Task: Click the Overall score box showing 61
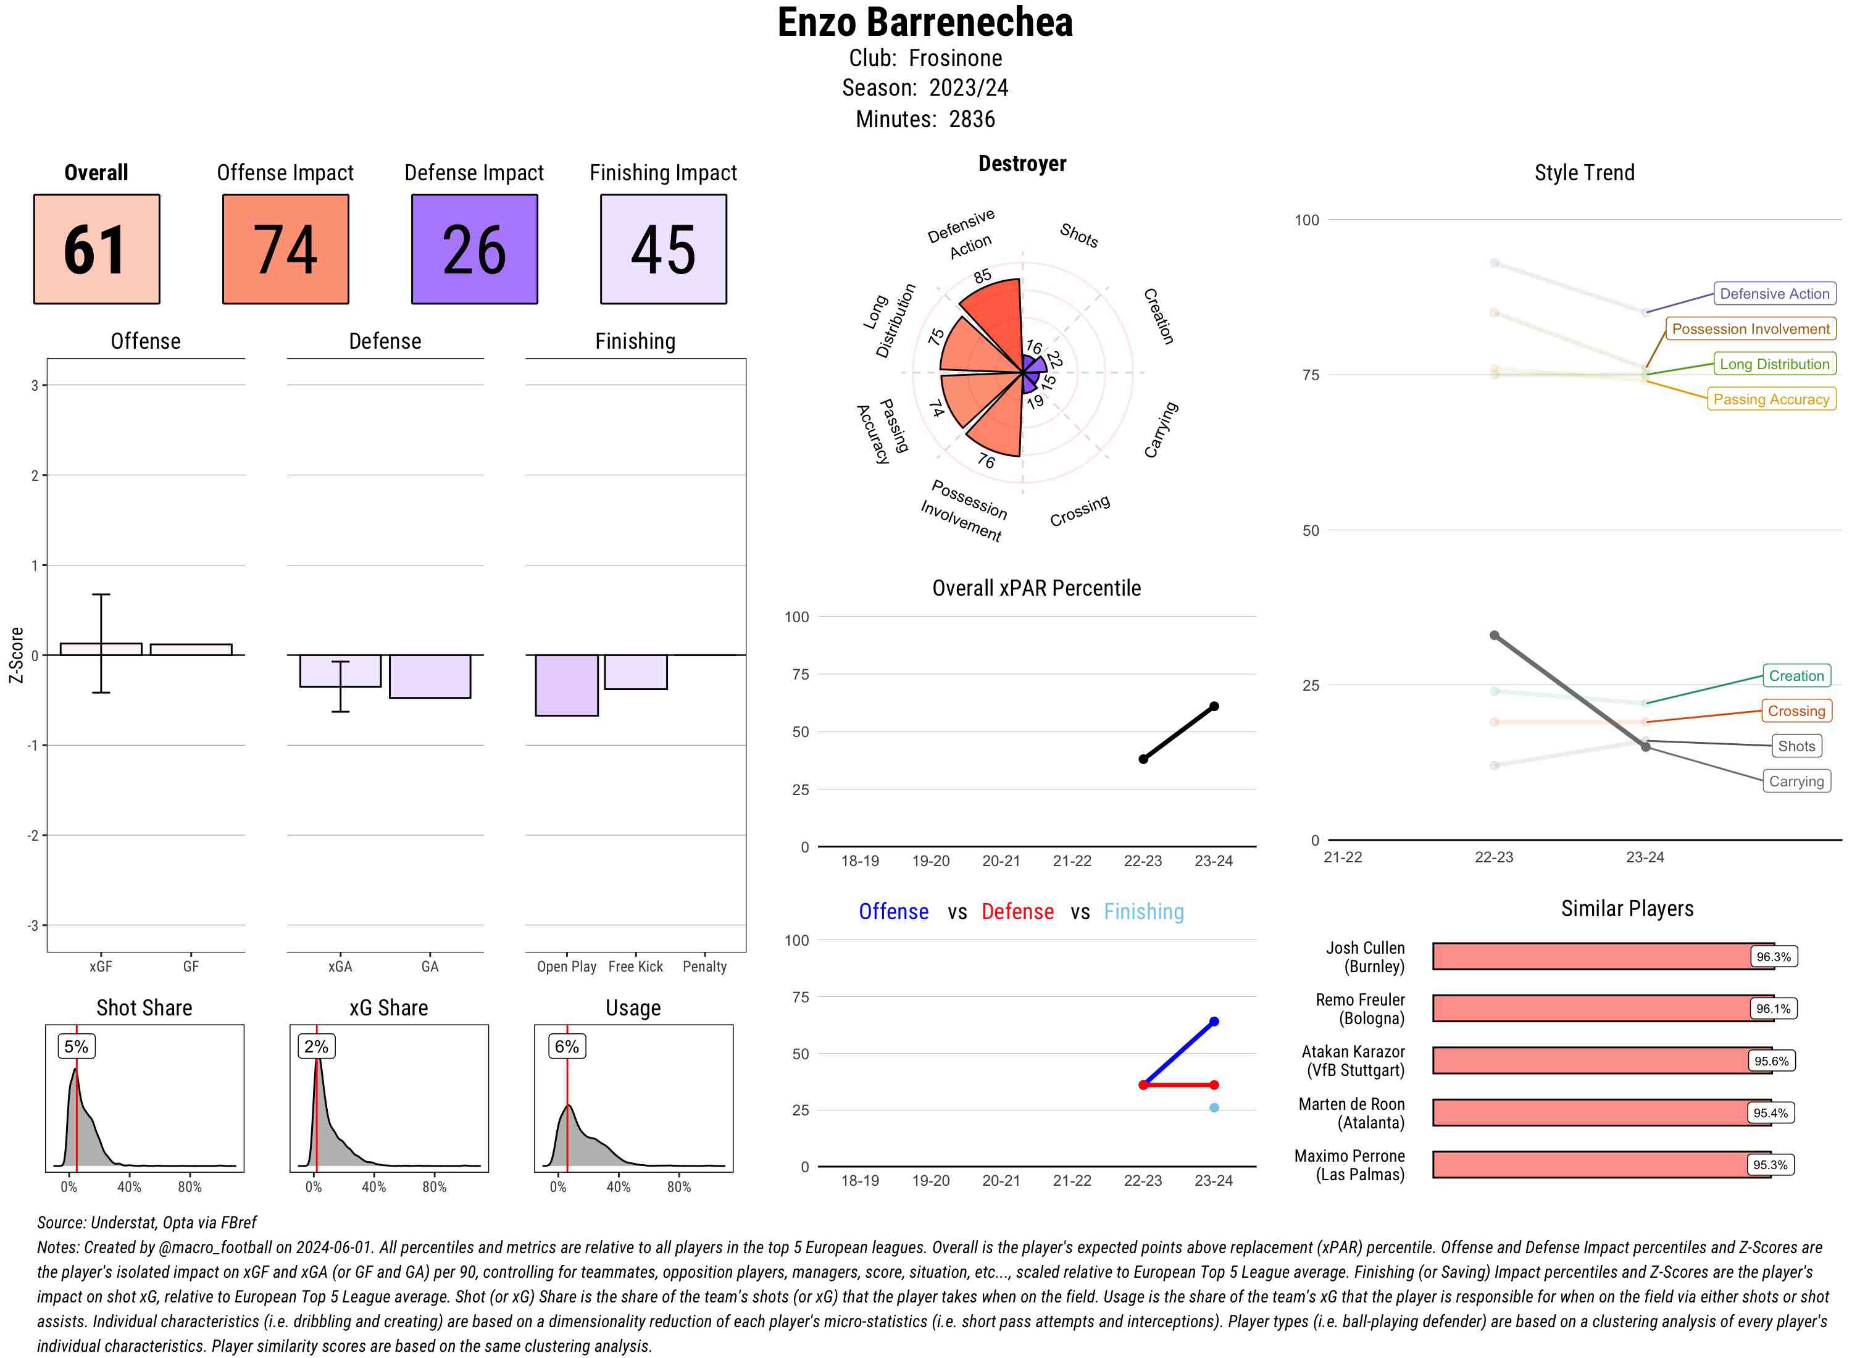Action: [x=96, y=249]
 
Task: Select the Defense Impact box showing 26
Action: [x=474, y=249]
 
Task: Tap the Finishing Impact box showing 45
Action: [x=664, y=249]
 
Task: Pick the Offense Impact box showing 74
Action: [x=285, y=249]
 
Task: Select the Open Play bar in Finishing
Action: [x=566, y=685]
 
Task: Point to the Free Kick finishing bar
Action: [x=635, y=672]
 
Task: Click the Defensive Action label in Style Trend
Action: [x=1774, y=293]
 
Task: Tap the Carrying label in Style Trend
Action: [x=1796, y=781]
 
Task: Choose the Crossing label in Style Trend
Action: [x=1796, y=711]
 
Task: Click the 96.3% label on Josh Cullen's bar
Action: [x=1773, y=957]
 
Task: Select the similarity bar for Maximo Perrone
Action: [x=1601, y=1165]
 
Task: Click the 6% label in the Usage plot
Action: [x=566, y=1046]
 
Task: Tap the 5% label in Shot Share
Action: [x=76, y=1046]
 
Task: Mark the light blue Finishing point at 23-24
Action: [x=1213, y=1108]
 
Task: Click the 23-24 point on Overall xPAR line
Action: [x=1213, y=706]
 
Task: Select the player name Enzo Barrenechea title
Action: [x=925, y=23]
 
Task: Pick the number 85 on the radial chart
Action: [x=982, y=276]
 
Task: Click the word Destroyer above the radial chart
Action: [x=1022, y=164]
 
